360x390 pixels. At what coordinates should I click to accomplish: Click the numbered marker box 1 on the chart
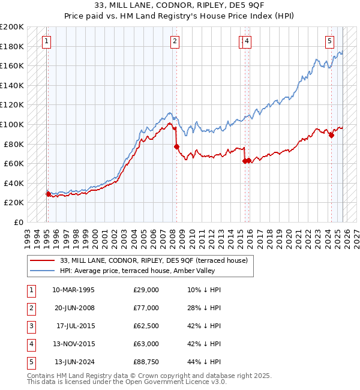(47, 41)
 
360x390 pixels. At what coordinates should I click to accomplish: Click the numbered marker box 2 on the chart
(175, 41)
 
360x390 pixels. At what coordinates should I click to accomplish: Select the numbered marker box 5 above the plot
(330, 41)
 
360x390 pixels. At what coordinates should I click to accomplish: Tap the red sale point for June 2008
(176, 146)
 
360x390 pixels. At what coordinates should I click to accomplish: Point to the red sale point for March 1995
(48, 194)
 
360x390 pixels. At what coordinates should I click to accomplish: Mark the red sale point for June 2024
(331, 136)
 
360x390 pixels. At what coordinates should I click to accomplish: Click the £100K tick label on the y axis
(12, 124)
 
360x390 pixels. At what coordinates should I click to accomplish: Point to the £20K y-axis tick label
(14, 203)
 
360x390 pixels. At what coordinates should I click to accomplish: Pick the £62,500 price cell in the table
(146, 326)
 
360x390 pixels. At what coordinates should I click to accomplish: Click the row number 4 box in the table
(30, 344)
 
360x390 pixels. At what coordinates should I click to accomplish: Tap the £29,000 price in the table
(146, 290)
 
